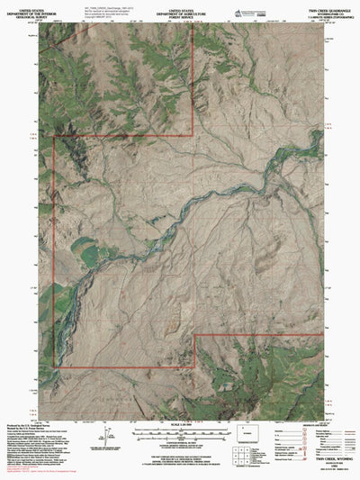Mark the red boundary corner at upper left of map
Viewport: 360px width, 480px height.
(x=55, y=138)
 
